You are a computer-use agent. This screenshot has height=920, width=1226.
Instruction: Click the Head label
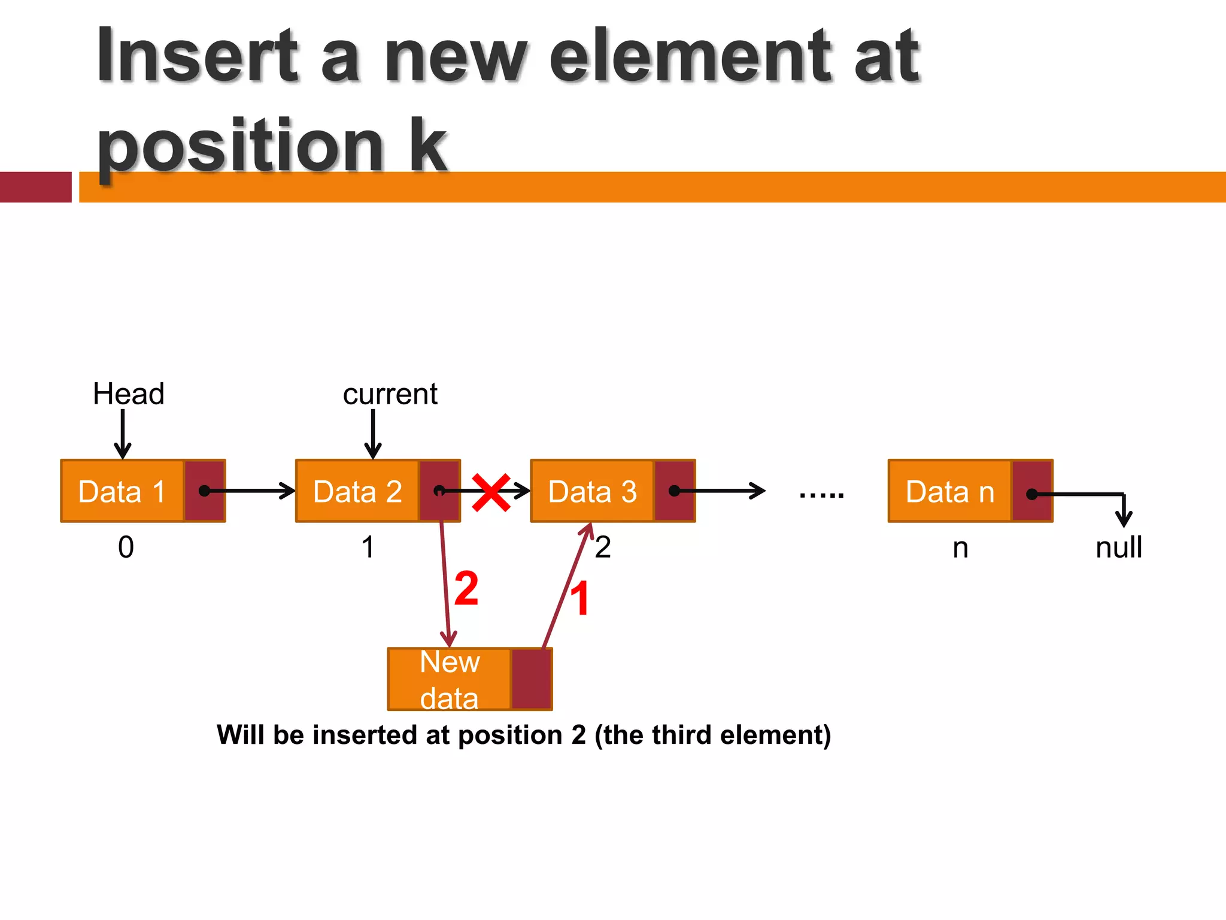128,394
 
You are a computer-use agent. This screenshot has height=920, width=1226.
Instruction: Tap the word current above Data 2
390,394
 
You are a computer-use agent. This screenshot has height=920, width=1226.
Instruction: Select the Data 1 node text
122,492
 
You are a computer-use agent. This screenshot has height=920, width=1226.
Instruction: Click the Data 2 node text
357,492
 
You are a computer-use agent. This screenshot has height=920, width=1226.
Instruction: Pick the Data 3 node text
592,492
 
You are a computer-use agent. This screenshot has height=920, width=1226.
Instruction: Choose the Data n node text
950,492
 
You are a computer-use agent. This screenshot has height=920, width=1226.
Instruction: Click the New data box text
450,680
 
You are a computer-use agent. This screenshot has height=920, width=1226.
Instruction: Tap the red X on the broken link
491,492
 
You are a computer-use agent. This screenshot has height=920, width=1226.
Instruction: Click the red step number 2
466,588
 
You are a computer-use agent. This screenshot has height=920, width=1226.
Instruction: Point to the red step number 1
579,598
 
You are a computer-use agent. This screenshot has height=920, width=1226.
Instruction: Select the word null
1118,547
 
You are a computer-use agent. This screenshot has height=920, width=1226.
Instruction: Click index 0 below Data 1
126,547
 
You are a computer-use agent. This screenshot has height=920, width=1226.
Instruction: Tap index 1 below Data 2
368,547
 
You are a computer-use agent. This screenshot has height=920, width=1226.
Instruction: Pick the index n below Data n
960,547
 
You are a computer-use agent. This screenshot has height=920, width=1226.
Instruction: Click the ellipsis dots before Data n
821,495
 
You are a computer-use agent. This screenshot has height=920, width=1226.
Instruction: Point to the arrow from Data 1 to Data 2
251,491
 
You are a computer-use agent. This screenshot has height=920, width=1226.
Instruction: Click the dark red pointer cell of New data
531,679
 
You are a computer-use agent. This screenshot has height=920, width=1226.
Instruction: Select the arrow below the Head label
123,434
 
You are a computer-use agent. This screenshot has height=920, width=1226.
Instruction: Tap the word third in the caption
679,735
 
